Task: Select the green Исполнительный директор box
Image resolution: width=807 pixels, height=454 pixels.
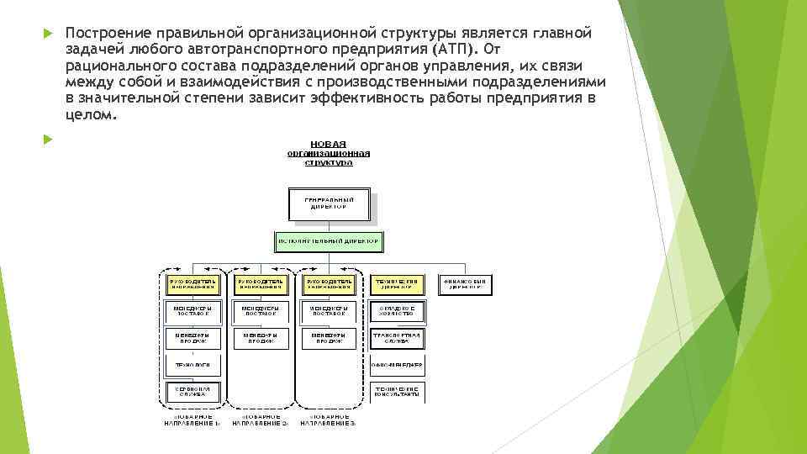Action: tap(329, 241)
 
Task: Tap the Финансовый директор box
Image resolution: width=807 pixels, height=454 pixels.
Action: tap(465, 284)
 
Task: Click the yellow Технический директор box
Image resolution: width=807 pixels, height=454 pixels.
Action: tap(397, 284)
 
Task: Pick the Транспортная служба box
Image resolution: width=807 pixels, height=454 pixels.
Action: tap(397, 338)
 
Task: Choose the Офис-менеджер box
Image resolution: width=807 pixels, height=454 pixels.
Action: tap(397, 365)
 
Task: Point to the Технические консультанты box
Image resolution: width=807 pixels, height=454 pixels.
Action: tap(397, 393)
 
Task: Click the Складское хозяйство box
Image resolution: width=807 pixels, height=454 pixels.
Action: tap(397, 311)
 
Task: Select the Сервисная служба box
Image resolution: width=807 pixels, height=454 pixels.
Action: tap(193, 393)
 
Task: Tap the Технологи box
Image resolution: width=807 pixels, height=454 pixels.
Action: tap(193, 365)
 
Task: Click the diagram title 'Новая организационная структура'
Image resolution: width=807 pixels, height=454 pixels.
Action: tap(329, 153)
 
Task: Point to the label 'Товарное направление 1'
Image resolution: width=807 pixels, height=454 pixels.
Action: tap(193, 421)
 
